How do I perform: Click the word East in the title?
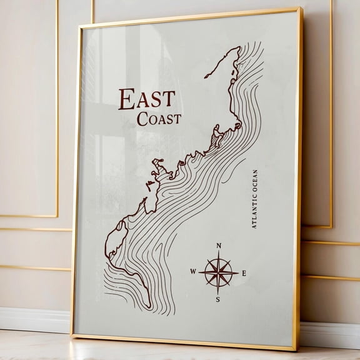[146, 99]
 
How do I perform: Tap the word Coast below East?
[159, 119]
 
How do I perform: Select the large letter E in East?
[127, 100]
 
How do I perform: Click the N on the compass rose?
[218, 246]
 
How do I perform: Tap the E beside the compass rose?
[244, 273]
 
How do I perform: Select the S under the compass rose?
[217, 299]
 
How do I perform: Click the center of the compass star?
[218, 272]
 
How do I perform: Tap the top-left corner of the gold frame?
[79, 26]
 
